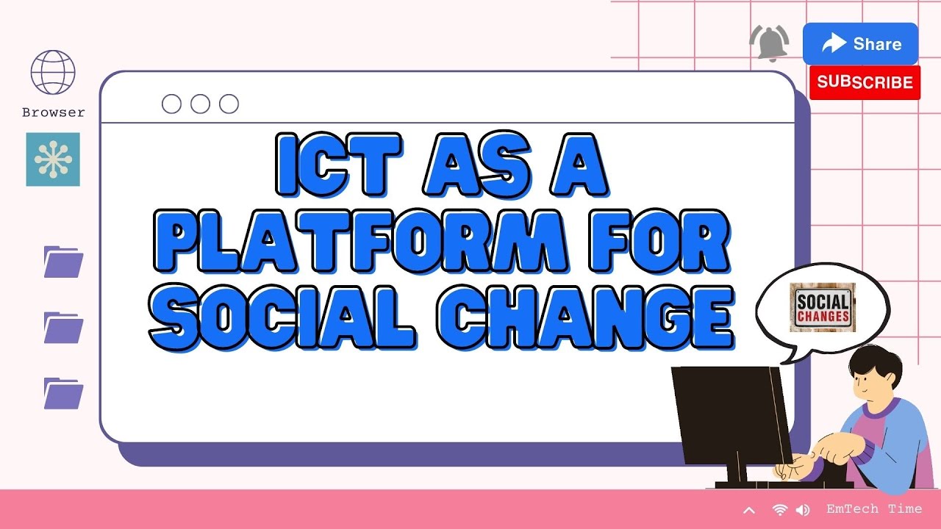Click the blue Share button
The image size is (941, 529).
point(860,44)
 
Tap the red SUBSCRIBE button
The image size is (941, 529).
point(865,82)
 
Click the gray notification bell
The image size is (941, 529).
point(769,42)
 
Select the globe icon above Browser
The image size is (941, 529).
point(53,73)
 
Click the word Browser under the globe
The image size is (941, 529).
point(53,112)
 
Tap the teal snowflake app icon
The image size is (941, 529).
point(53,159)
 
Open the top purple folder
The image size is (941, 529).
point(63,262)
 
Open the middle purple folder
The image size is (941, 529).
point(63,328)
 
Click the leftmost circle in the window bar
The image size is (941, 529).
point(171,104)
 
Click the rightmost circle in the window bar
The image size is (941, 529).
point(229,104)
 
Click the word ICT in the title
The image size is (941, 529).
point(337,165)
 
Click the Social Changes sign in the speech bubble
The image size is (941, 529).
point(823,308)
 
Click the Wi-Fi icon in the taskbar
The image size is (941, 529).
point(780,509)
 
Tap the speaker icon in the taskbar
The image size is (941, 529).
point(802,509)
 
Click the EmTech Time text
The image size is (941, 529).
point(873,508)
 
